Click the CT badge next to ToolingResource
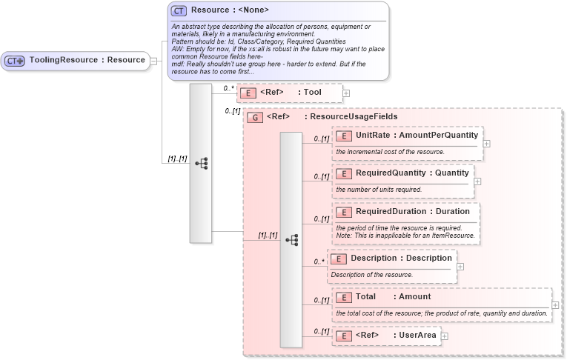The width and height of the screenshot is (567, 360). [x=15, y=61]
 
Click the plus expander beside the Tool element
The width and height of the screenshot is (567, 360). [x=346, y=93]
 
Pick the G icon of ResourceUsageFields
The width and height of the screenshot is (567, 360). [x=255, y=117]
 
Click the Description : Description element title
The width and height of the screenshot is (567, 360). [x=401, y=259]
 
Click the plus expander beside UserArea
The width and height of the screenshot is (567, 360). [x=445, y=336]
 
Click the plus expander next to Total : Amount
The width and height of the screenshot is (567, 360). [x=555, y=304]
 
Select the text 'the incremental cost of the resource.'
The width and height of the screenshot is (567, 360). [x=390, y=152]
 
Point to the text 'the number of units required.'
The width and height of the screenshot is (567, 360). [x=379, y=190]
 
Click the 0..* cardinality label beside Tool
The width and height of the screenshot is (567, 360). [x=228, y=88]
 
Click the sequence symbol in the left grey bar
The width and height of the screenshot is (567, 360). [x=201, y=163]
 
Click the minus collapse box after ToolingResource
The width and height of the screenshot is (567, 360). [x=153, y=61]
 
